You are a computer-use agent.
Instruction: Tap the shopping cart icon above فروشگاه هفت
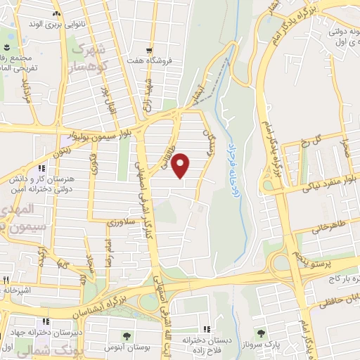(148, 51)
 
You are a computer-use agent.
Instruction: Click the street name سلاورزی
(122, 223)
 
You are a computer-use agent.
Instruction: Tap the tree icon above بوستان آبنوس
(127, 337)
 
